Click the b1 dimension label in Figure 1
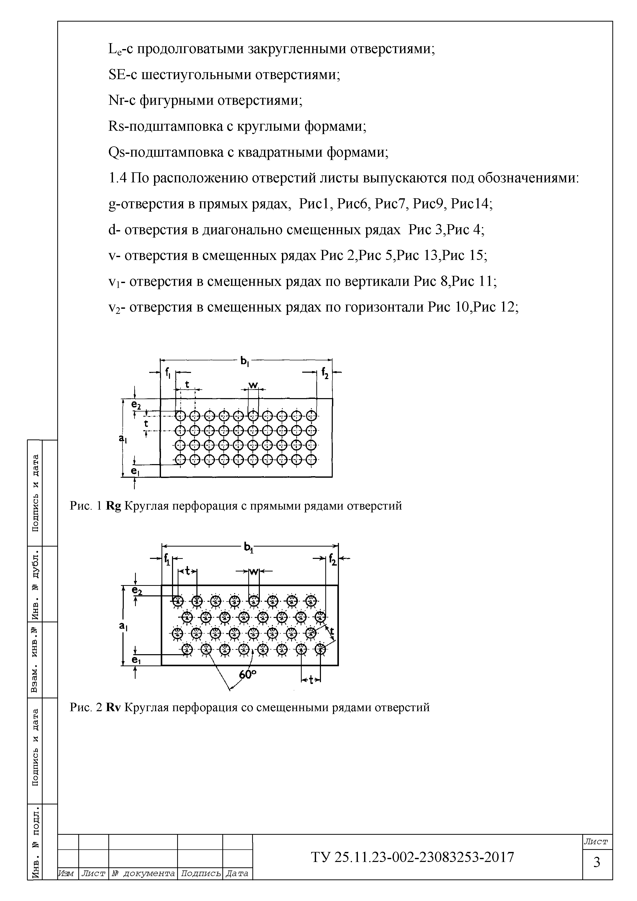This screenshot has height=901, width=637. [x=244, y=361]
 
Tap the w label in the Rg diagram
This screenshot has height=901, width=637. [x=253, y=385]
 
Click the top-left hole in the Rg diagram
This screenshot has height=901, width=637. [x=180, y=416]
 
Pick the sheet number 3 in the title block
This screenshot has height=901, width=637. [x=597, y=862]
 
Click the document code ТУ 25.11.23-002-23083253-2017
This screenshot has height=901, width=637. [x=413, y=857]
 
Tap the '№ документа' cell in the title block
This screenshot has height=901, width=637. [x=143, y=885]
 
